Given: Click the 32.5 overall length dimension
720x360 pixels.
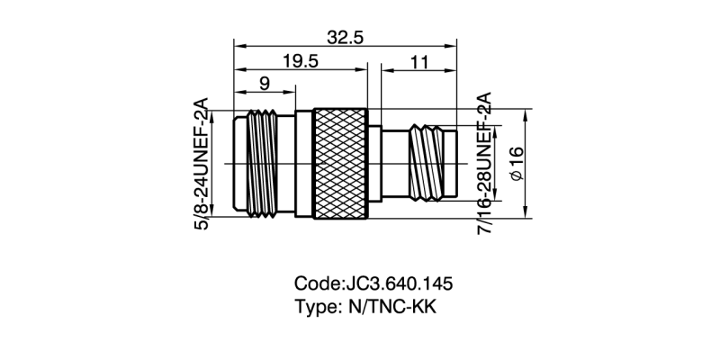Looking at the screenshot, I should [x=345, y=38].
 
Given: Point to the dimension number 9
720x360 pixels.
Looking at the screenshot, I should [x=265, y=85].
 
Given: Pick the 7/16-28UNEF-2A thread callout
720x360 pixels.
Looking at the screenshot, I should [x=484, y=164].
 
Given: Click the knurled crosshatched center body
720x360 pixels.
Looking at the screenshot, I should [x=340, y=163].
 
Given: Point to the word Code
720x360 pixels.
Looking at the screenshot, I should [x=316, y=284].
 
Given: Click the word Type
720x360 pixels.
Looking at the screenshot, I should [x=314, y=307].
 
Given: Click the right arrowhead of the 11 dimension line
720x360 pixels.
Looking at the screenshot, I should [x=454, y=68].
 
